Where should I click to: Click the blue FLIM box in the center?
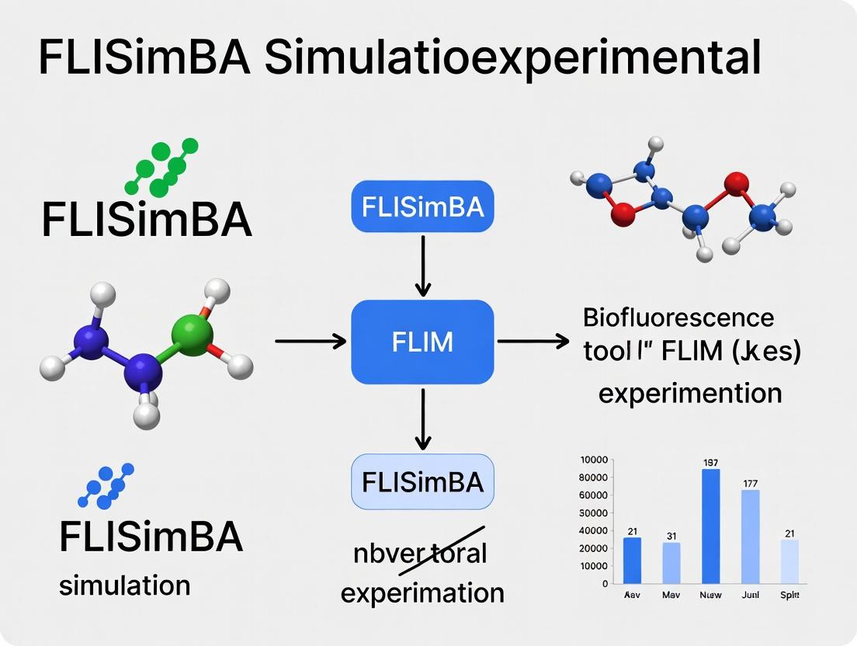[x=422, y=341]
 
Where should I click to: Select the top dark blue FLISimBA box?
[x=422, y=207]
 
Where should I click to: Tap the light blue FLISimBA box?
[x=422, y=482]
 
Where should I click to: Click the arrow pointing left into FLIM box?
[x=311, y=340]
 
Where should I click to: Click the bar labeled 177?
[x=750, y=537]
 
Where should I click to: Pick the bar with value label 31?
[x=671, y=563]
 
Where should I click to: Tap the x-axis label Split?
[x=789, y=596]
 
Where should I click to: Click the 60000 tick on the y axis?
[x=593, y=495]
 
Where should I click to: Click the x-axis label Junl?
[x=750, y=596]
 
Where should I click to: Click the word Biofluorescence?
[x=678, y=318]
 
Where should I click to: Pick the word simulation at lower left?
[x=124, y=584]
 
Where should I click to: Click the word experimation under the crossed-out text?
[x=422, y=593]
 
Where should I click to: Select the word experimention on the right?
[x=690, y=392]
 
